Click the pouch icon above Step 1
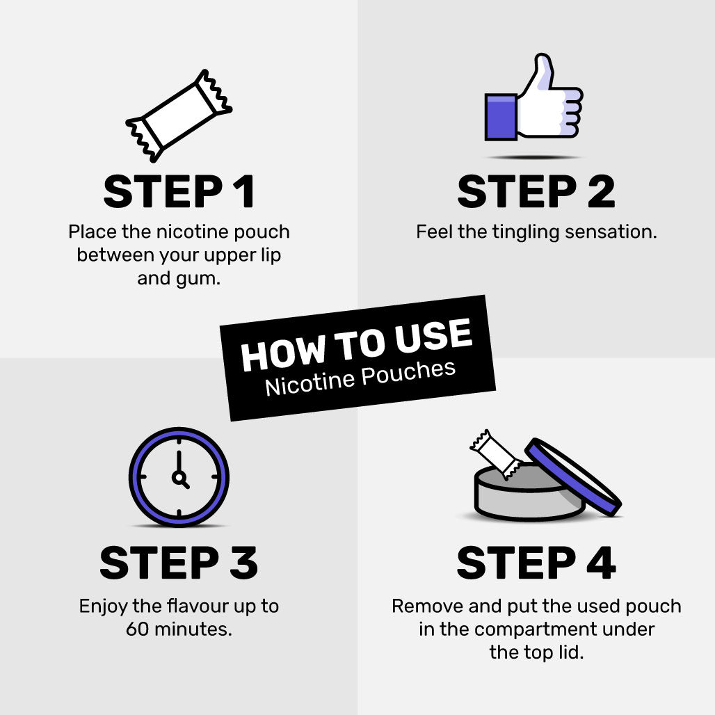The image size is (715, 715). (179, 116)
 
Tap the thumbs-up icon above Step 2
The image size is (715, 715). (533, 97)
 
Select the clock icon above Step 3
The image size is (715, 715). (179, 477)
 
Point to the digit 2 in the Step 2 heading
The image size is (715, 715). (601, 191)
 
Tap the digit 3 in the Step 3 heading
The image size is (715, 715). (244, 563)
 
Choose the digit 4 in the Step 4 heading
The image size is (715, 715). (601, 563)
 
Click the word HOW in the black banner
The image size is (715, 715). (283, 353)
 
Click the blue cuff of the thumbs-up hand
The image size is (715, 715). (501, 117)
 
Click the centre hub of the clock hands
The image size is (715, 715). (178, 477)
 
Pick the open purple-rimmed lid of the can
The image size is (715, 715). (572, 477)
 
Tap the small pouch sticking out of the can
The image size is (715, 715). (496, 454)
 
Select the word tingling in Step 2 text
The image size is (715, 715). (526, 232)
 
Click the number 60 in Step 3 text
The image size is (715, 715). (138, 629)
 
